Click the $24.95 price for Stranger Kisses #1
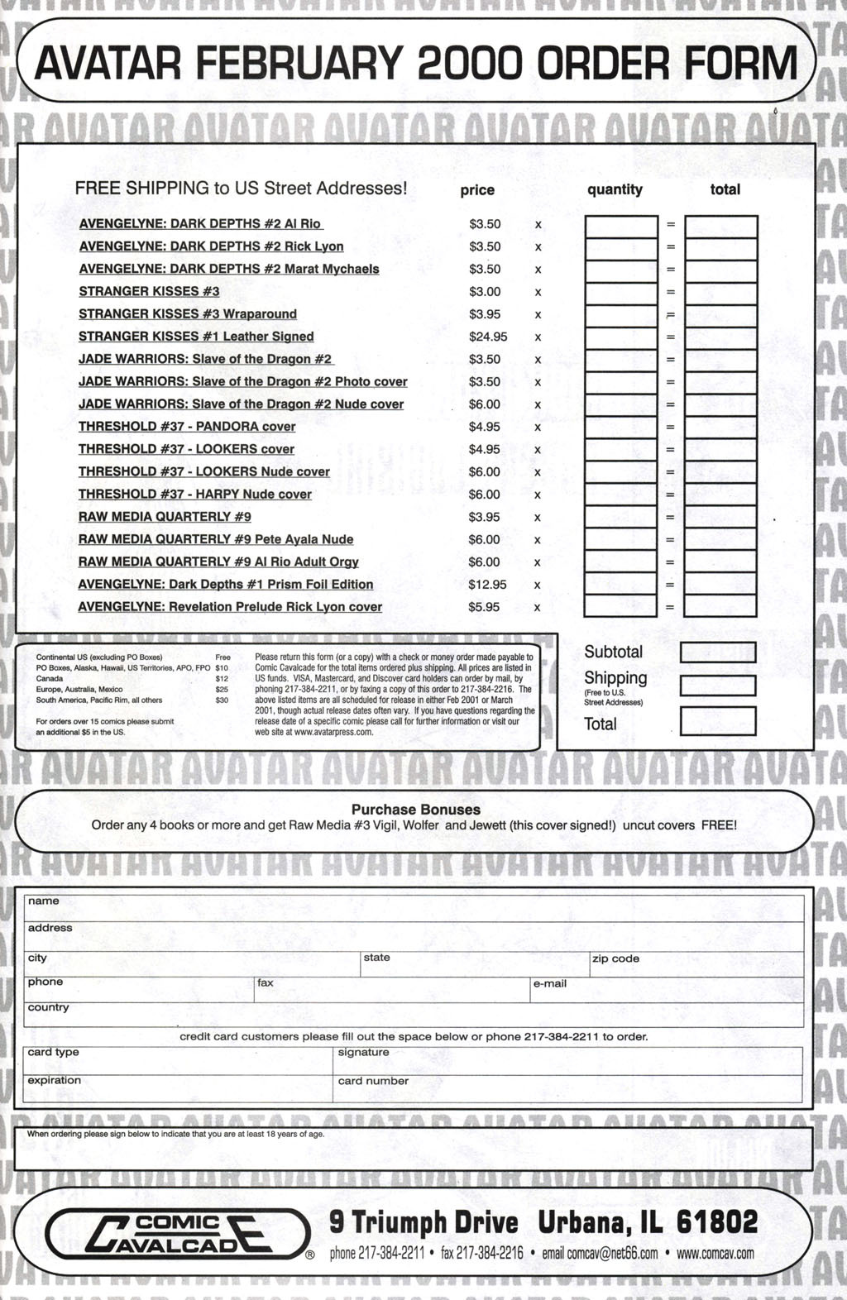coord(487,337)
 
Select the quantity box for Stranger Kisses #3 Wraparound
coord(620,315)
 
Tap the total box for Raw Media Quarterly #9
coord(720,518)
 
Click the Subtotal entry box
coord(717,652)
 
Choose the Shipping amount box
coord(717,686)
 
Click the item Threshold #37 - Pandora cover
coord(187,427)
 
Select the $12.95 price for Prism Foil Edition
coord(487,585)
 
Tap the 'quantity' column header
coord(615,189)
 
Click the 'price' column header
coord(477,190)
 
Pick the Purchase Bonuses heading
coord(416,810)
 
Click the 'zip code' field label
coord(615,959)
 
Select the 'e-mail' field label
coord(550,984)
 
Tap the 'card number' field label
coord(373,1081)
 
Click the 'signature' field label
coord(363,1053)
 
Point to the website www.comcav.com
coord(715,1254)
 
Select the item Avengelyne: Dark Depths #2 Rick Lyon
coord(211,246)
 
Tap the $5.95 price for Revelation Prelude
coord(484,607)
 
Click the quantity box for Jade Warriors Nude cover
coord(620,405)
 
